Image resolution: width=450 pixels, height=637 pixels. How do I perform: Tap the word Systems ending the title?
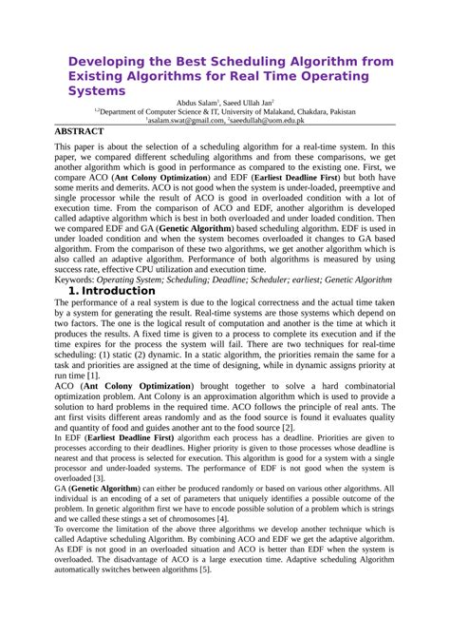(99, 90)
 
